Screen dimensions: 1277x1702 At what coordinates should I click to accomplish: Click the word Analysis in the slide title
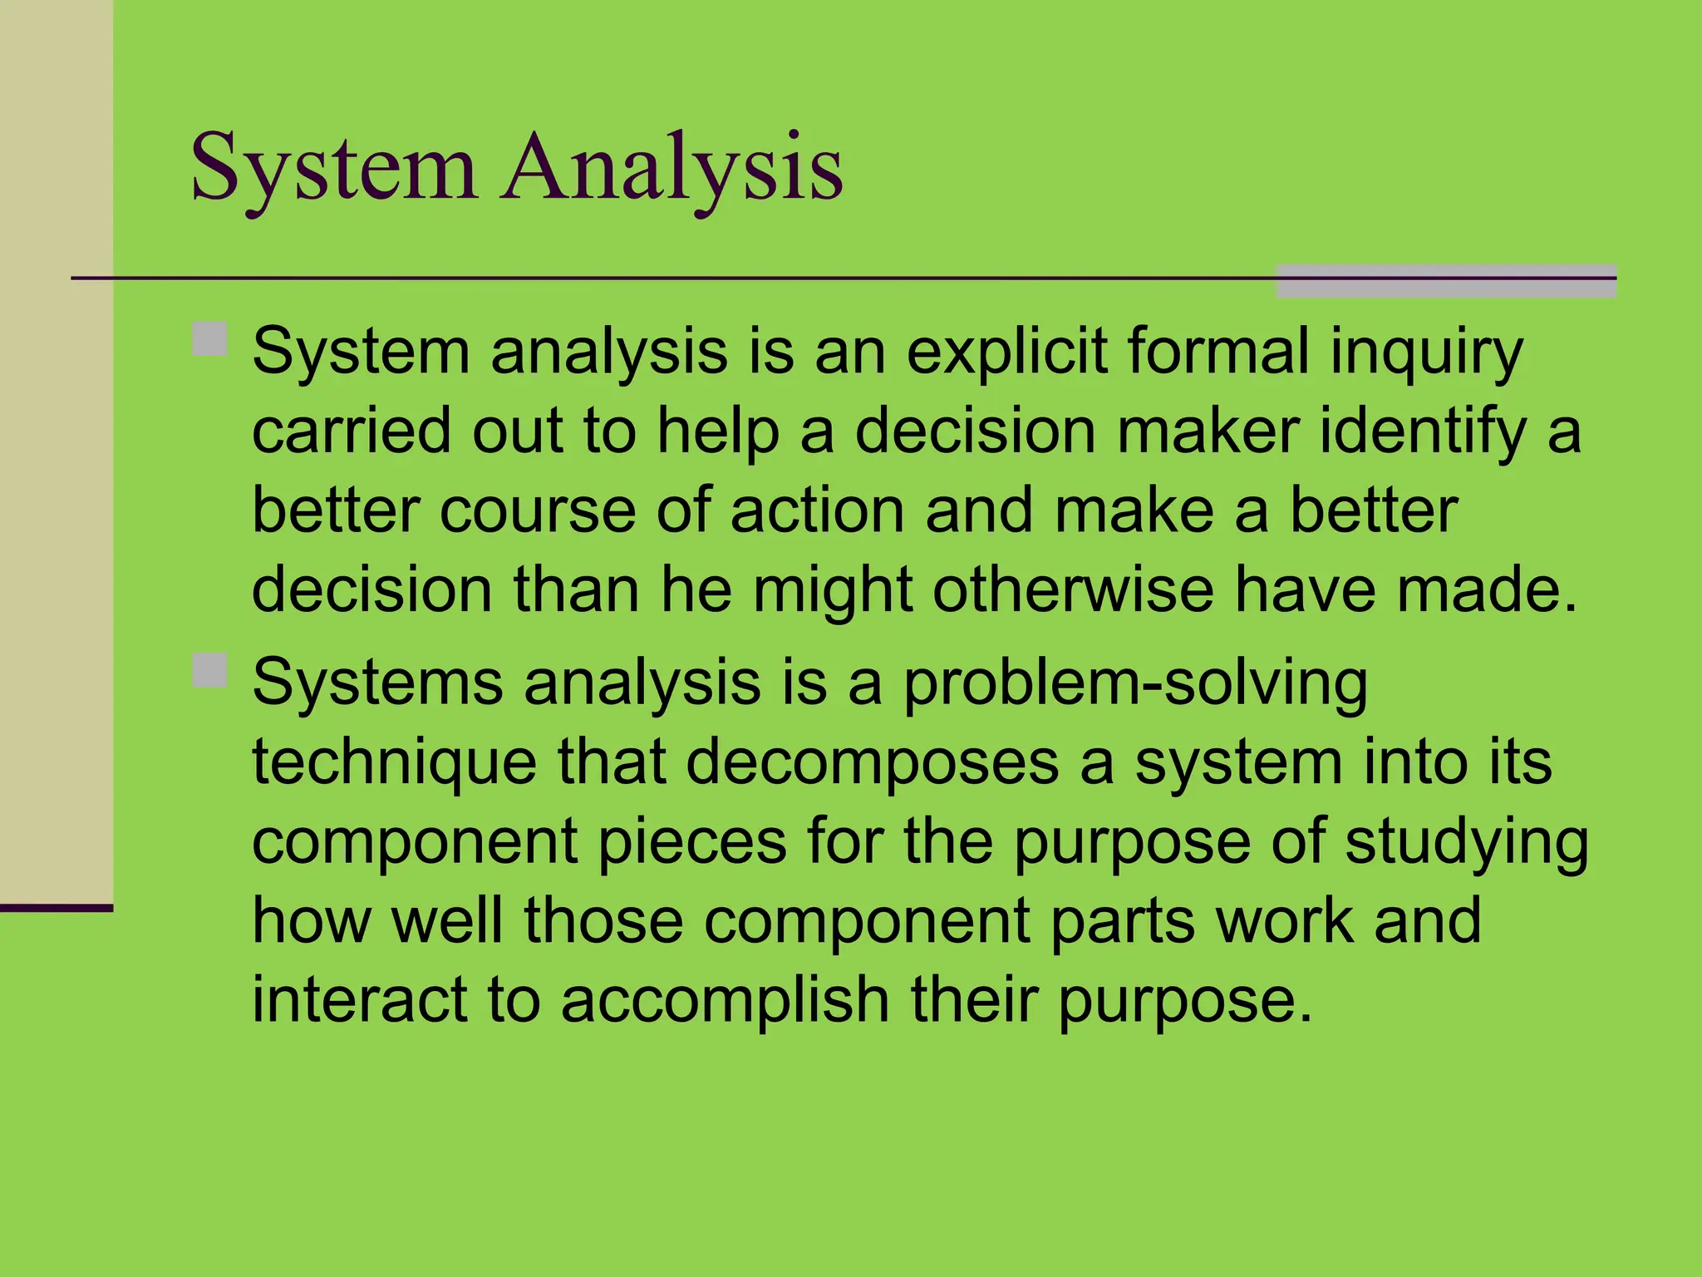pyautogui.click(x=671, y=169)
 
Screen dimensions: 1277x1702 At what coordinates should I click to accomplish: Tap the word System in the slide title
pyautogui.click(x=334, y=169)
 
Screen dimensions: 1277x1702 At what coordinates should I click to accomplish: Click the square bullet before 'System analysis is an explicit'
pyautogui.click(x=210, y=339)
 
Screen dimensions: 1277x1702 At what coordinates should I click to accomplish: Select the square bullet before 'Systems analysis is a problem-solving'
pyautogui.click(x=210, y=670)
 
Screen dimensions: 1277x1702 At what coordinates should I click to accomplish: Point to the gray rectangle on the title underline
pyautogui.click(x=1446, y=281)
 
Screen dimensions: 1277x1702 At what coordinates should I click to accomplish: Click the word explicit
pyautogui.click(x=1006, y=353)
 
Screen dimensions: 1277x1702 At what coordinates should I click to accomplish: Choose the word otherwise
pyautogui.click(x=1073, y=589)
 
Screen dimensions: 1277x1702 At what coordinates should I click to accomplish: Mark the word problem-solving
pyautogui.click(x=1135, y=683)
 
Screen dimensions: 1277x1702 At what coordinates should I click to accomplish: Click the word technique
pyautogui.click(x=395, y=762)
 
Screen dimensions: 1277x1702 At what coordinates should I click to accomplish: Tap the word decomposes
pyautogui.click(x=873, y=762)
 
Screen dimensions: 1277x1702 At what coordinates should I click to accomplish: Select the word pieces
pyautogui.click(x=692, y=841)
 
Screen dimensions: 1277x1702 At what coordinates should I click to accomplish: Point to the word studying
pyautogui.click(x=1467, y=841)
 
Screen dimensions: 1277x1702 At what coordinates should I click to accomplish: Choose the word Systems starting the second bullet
pyautogui.click(x=378, y=683)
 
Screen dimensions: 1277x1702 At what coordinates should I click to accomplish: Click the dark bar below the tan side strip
pyautogui.click(x=56, y=908)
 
